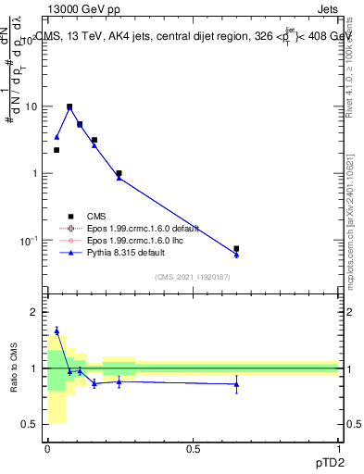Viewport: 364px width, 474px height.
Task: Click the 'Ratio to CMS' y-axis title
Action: [13, 368]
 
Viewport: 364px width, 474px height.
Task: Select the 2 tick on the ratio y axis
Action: [32, 312]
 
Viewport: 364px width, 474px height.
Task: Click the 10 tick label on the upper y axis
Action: [30, 106]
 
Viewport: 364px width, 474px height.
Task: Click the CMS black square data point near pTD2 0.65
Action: [236, 248]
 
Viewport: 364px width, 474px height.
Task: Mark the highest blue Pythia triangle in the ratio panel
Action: [56, 330]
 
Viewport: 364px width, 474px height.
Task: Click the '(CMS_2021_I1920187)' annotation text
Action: [192, 277]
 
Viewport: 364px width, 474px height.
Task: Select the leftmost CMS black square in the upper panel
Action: [56, 150]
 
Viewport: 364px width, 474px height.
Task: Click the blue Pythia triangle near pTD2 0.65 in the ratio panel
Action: [236, 384]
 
